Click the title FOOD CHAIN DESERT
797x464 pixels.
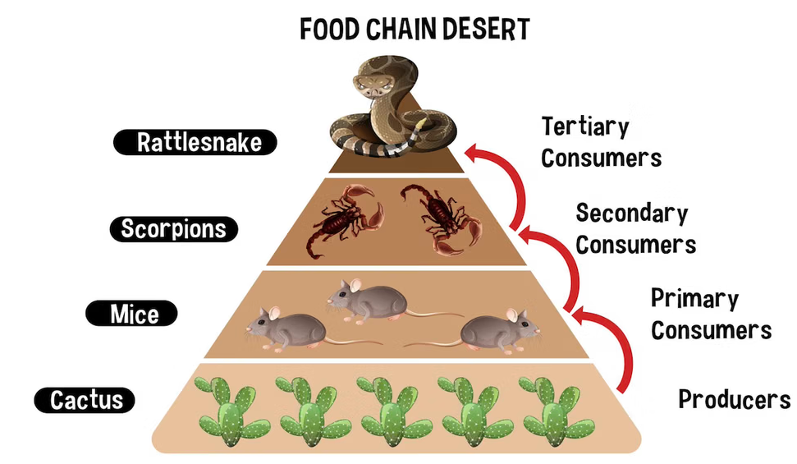[415, 29]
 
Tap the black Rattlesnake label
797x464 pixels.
[195, 143]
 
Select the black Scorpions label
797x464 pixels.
[173, 228]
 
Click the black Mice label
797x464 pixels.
[134, 314]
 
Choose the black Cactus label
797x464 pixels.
[85, 400]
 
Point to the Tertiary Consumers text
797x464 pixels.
[601, 142]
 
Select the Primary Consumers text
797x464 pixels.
[710, 314]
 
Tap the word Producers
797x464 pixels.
[734, 400]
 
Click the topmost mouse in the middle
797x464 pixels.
[367, 301]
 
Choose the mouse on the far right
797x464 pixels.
[498, 330]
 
